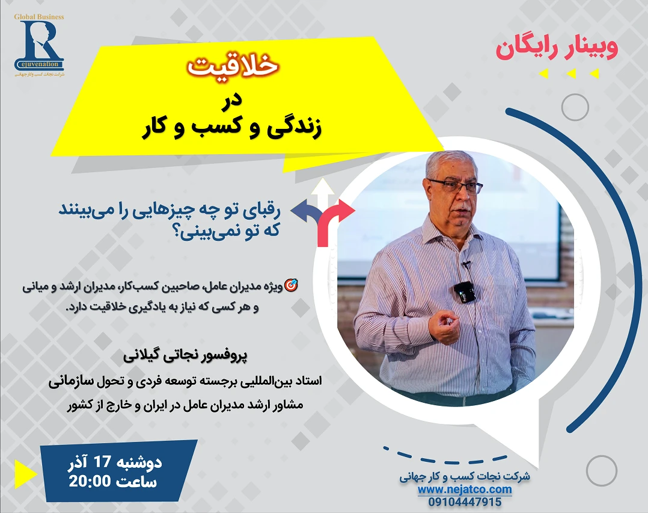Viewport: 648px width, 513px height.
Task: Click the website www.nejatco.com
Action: point(465,490)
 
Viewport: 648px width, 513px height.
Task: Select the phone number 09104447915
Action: point(465,502)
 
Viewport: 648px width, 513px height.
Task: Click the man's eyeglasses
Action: point(455,185)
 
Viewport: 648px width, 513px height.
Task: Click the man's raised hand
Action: point(444,326)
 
